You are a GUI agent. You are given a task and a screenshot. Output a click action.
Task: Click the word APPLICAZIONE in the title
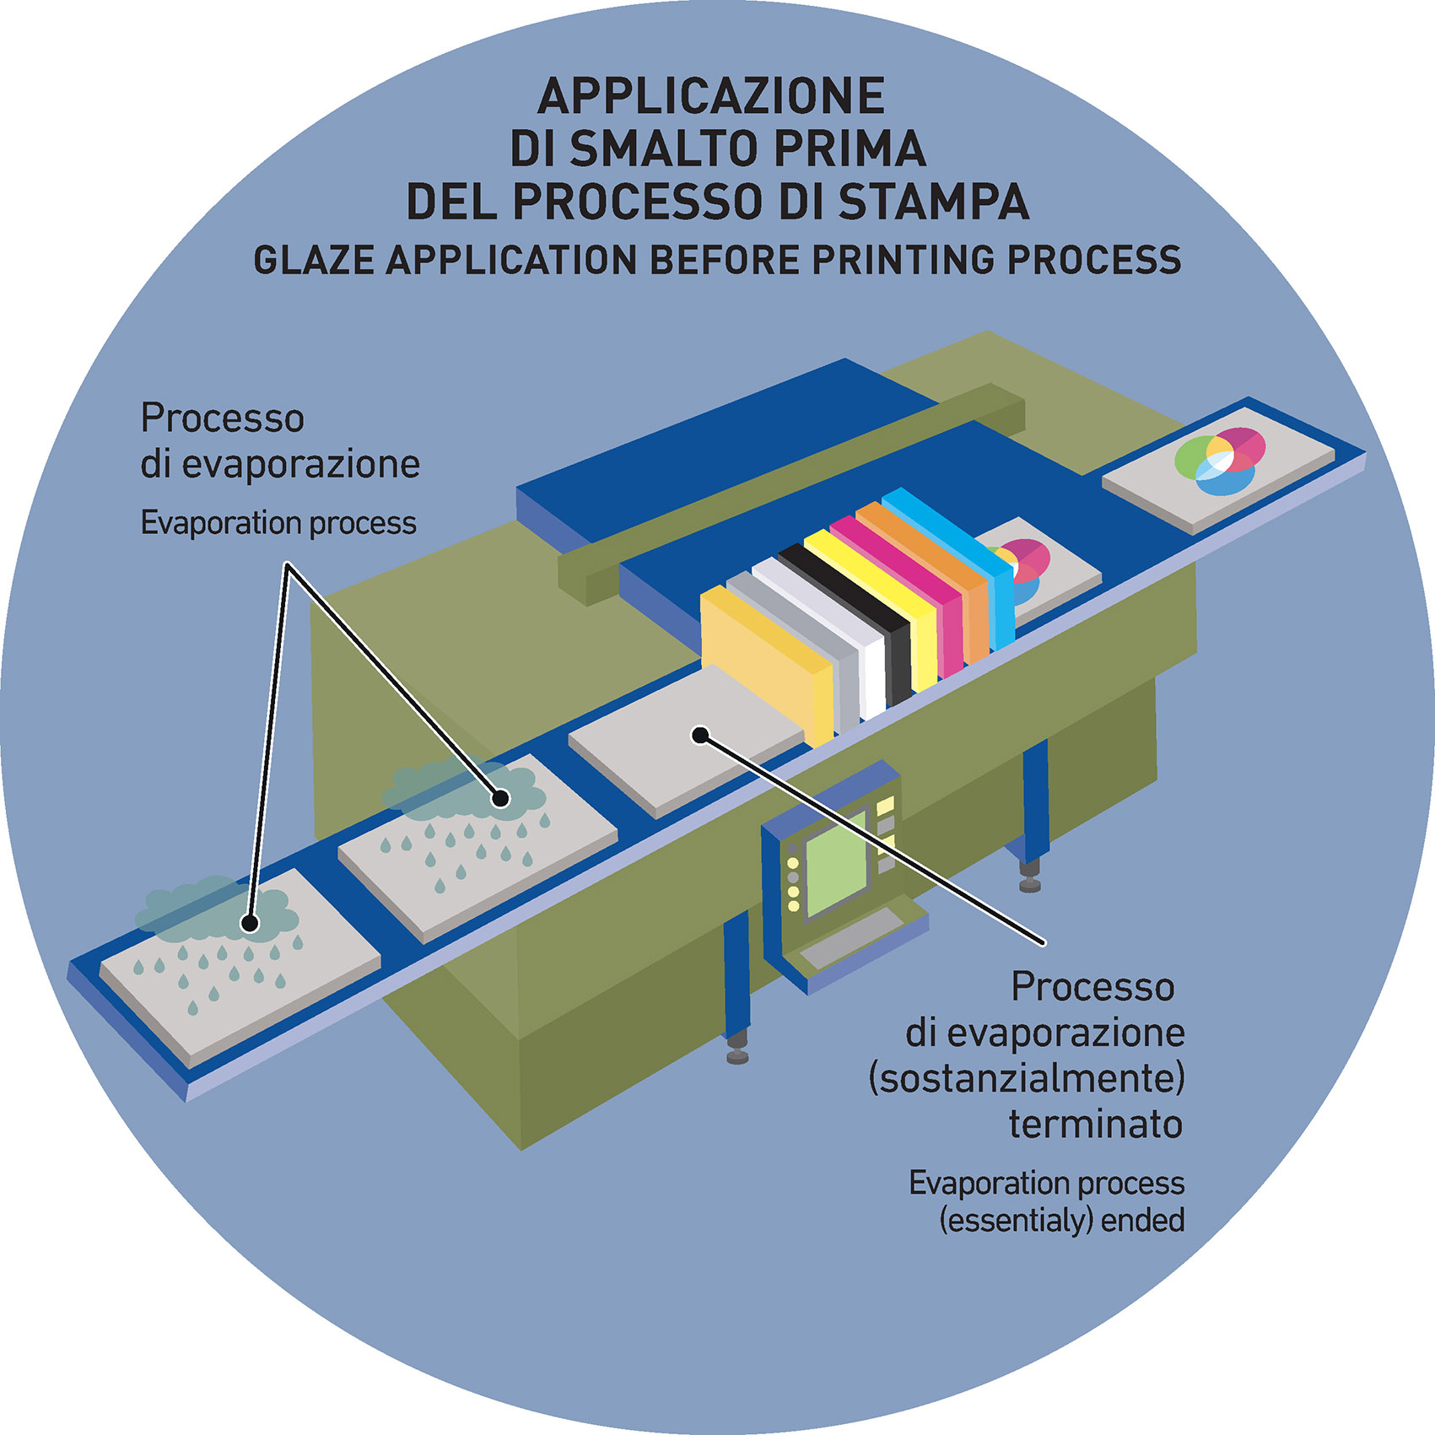pos(711,96)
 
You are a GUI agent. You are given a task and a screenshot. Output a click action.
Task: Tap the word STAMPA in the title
pos(934,202)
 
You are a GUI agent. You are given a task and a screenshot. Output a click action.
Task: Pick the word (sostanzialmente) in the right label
pos(1027,1079)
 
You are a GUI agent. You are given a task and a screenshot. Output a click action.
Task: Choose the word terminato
pos(1095,1125)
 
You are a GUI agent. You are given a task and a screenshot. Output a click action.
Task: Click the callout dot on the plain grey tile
pos(699,735)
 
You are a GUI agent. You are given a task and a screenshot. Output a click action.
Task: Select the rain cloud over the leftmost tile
pos(215,911)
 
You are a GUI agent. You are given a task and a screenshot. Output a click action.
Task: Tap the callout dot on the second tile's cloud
pos(501,797)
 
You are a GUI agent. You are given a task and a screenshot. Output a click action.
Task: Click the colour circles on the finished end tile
pos(1219,461)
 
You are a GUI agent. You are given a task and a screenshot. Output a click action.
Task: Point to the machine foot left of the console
pos(737,1055)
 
